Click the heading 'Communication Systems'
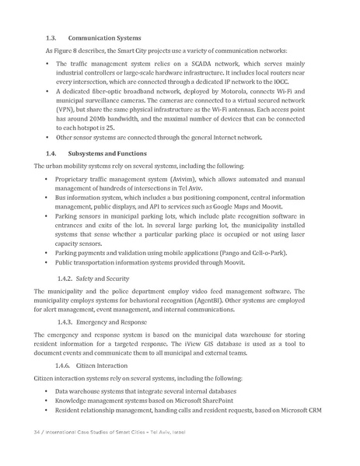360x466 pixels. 105,37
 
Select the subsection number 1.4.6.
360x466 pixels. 68,364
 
